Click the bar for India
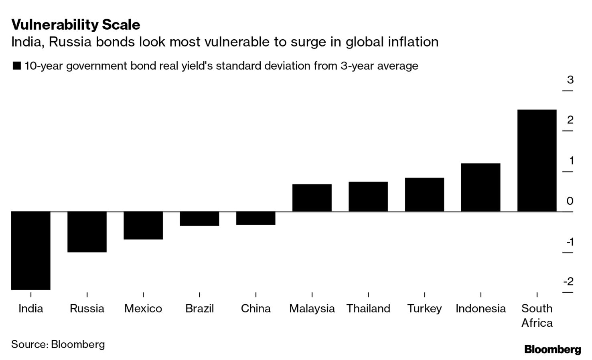(x=31, y=250)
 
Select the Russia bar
(x=87, y=232)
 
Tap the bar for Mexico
(x=143, y=225)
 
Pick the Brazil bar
(x=199, y=218)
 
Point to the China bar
(x=256, y=218)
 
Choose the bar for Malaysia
(x=312, y=198)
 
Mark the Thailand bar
(x=368, y=196)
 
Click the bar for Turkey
(x=424, y=194)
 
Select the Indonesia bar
(x=480, y=187)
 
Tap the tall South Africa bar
(x=537, y=160)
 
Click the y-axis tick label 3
(x=570, y=80)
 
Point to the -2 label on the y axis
(x=569, y=281)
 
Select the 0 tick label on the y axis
(x=570, y=201)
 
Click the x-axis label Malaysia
(x=312, y=308)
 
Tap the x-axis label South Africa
(x=537, y=316)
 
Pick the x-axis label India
(x=31, y=308)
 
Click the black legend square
(x=16, y=66)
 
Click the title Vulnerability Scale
(x=76, y=24)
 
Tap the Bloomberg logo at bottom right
(x=552, y=349)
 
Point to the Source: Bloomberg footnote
(x=58, y=344)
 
